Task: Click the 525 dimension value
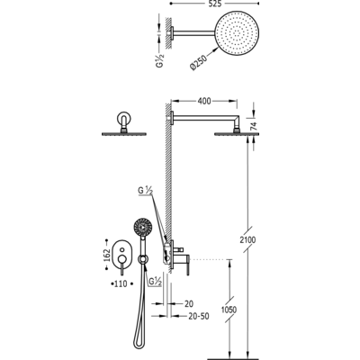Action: pos(214,4)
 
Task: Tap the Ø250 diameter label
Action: pos(198,62)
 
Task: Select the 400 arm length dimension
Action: pos(204,101)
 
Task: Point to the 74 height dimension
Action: pos(254,126)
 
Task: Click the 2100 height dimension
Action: pos(247,239)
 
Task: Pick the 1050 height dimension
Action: pos(229,310)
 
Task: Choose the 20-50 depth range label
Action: pos(199,316)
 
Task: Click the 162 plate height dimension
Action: pos(106,255)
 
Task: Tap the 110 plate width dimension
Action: pos(121,283)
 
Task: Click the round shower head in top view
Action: pos(237,33)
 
